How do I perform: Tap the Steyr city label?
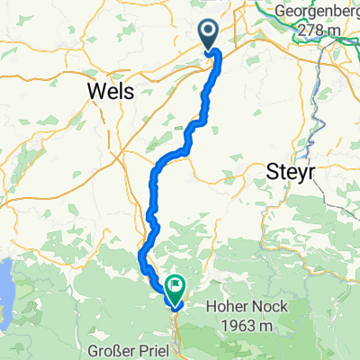tap(292, 173)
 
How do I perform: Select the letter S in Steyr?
tap(274, 173)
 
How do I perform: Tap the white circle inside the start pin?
tap(208, 31)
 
